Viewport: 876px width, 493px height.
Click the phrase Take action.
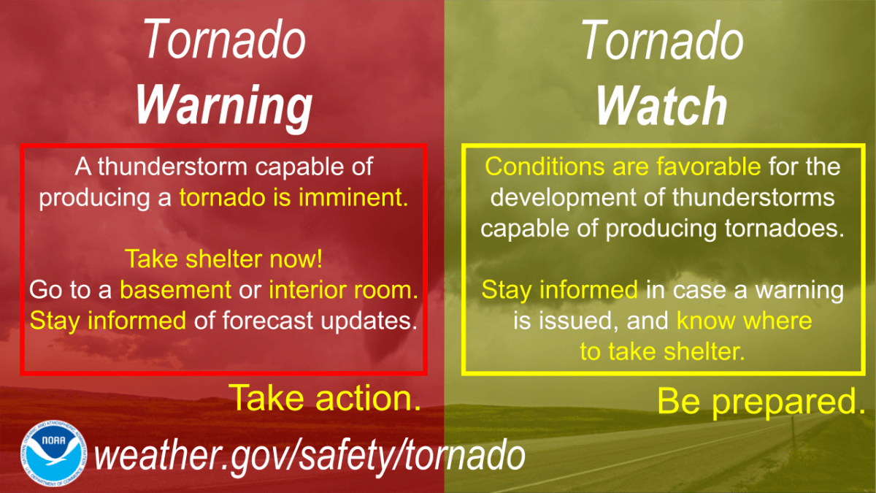tap(326, 397)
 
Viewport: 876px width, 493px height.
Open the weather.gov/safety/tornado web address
tap(310, 455)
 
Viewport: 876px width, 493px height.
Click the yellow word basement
tap(174, 290)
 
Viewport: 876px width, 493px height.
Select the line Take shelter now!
tap(224, 259)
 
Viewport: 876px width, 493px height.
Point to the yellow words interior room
tap(343, 290)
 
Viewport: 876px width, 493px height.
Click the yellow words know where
tap(744, 321)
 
